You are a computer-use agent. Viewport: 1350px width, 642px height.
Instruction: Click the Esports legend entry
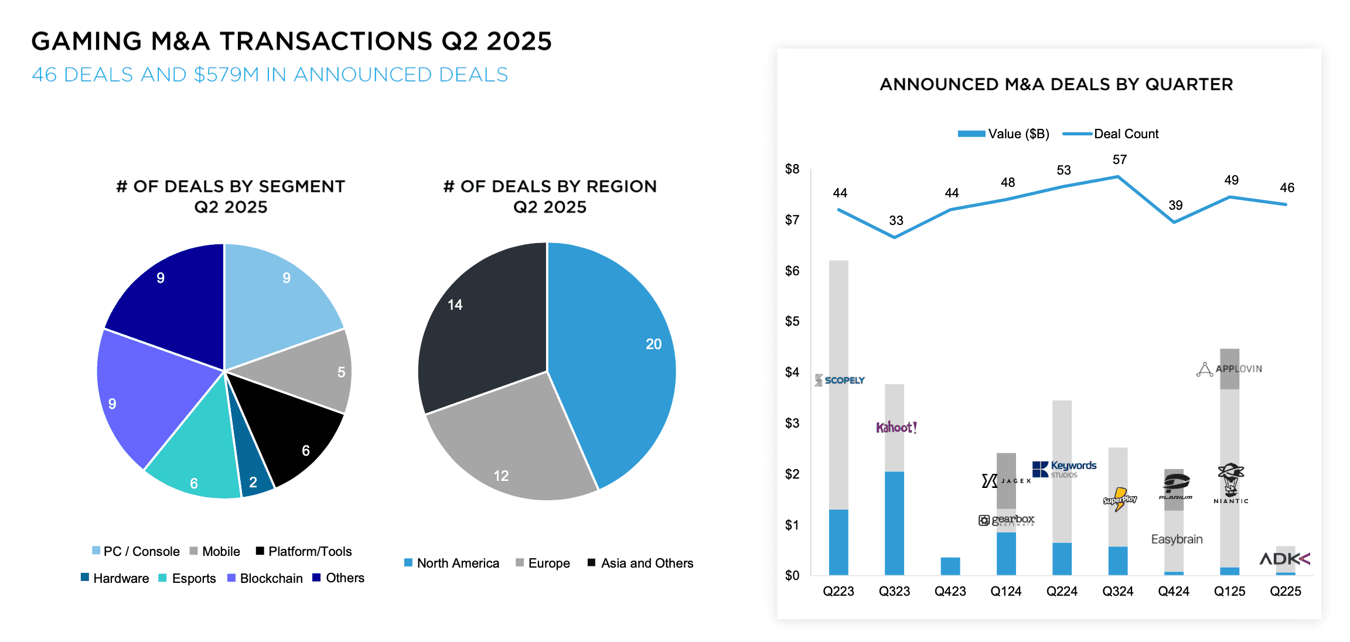187,578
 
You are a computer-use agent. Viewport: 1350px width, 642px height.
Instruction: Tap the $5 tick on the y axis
792,321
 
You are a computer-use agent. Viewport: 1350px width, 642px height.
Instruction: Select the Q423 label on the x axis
950,591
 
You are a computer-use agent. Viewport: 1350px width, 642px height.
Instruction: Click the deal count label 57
1119,159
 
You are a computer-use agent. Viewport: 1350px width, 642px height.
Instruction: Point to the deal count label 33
896,220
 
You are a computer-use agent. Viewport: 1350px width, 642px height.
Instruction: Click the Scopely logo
840,380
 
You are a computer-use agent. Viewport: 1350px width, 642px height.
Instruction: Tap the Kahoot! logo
896,427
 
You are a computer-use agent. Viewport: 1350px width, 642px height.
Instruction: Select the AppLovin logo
1229,369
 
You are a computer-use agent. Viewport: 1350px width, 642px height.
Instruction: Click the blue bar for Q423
950,566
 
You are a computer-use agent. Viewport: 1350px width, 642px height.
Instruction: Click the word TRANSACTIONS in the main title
326,41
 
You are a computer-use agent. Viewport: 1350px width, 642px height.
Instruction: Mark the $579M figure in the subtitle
226,74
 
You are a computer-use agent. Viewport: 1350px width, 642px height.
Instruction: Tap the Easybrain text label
1177,539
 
